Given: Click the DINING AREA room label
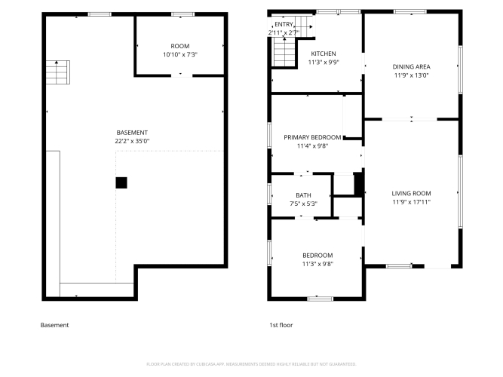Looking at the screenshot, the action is [411, 67].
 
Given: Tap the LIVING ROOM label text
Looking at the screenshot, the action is [411, 194].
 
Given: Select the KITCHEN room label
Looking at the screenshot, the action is [324, 54].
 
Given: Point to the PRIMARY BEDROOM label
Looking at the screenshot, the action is [312, 137].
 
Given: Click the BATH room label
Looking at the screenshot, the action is [303, 195].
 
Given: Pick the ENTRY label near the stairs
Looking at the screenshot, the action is [284, 24].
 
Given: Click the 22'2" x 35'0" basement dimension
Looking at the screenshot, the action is [132, 141].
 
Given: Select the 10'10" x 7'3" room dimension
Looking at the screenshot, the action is [180, 54].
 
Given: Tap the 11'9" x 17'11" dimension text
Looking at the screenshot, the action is [411, 202].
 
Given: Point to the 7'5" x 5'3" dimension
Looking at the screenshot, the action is [303, 204].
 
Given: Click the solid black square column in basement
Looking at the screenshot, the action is [121, 183].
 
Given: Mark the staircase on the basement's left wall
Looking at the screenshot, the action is [58, 72].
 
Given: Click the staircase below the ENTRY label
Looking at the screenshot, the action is [284, 52].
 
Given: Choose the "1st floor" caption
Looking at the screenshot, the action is [281, 325].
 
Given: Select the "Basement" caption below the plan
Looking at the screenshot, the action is [54, 325].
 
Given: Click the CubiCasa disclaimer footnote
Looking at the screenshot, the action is [251, 364].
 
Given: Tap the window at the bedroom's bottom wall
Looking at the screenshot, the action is [321, 299].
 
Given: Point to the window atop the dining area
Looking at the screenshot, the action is [410, 12].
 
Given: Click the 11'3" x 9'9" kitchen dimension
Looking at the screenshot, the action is [324, 63].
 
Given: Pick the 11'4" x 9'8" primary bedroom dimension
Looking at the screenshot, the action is [312, 146].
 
